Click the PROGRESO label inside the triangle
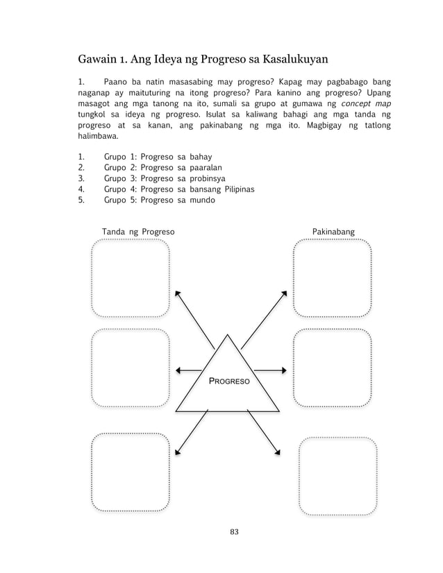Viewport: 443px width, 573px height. [230, 382]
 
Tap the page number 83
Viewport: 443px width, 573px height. [233, 532]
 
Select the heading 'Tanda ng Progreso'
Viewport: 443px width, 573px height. [138, 231]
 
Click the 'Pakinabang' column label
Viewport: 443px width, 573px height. [333, 231]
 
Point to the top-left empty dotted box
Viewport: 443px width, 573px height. [131, 278]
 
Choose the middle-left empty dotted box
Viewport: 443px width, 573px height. [131, 367]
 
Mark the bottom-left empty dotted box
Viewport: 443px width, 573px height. [131, 472]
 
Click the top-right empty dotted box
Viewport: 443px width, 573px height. [332, 278]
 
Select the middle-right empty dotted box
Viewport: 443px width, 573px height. [332, 367]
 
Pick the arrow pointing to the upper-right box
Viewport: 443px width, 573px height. [264, 318]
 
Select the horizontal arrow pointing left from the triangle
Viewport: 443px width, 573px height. [189, 370]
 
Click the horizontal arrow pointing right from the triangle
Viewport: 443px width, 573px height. [270, 370]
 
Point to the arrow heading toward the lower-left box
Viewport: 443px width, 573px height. [191, 432]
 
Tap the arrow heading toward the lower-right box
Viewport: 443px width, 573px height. [264, 431]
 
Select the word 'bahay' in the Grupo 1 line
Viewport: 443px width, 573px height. [201, 157]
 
